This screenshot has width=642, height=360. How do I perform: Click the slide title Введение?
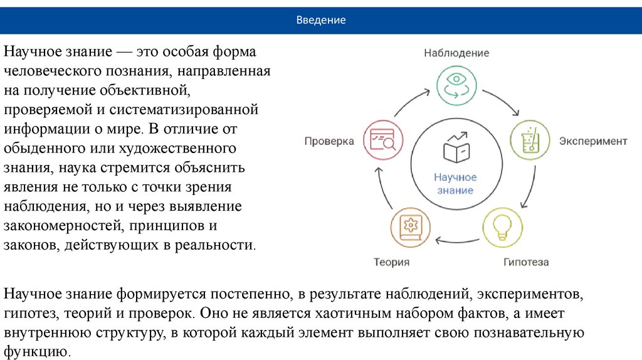[x=321, y=20]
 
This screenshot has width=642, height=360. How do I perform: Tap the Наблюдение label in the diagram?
[x=456, y=53]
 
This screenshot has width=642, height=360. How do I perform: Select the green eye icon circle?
[x=456, y=86]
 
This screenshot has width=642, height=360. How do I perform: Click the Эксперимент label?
[x=592, y=141]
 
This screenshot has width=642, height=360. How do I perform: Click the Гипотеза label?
[x=525, y=262]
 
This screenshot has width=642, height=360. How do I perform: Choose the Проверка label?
[x=329, y=141]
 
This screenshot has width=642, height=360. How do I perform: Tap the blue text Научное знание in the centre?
[x=456, y=184]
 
